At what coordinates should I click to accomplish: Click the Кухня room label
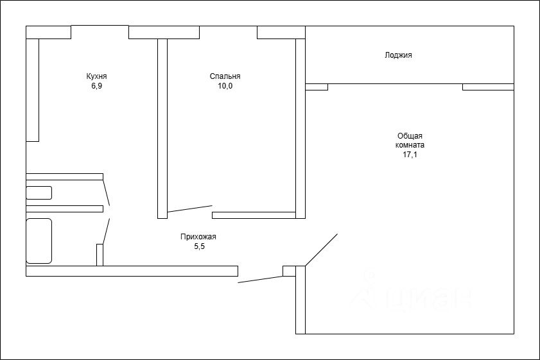(96, 76)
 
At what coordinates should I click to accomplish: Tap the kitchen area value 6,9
(96, 86)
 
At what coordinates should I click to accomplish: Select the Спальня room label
(225, 76)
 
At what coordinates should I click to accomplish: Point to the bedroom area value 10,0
(225, 86)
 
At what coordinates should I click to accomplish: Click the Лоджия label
(398, 55)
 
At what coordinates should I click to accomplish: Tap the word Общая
(410, 136)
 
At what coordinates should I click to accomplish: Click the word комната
(410, 145)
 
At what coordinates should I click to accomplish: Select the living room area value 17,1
(410, 155)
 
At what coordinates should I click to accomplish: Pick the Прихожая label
(198, 237)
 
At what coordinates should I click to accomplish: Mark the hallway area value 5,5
(200, 246)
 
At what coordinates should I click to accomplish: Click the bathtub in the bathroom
(39, 241)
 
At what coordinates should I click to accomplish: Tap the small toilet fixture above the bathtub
(39, 193)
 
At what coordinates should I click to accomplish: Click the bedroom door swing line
(190, 209)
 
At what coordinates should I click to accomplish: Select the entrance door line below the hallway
(260, 279)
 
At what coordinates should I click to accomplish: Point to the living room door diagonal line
(321, 250)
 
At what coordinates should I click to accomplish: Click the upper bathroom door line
(107, 193)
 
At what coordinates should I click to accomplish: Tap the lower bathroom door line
(107, 231)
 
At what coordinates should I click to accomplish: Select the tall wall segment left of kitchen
(33, 90)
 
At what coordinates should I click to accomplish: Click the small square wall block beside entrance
(290, 271)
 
